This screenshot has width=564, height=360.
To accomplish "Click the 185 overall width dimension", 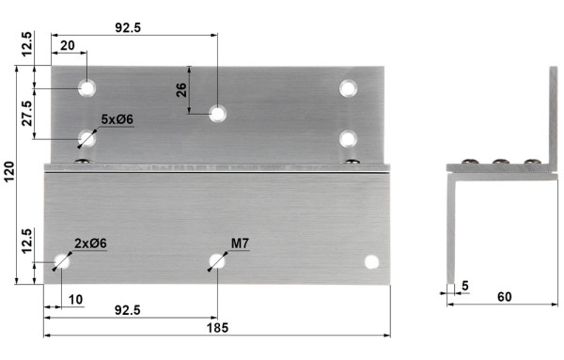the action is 217,328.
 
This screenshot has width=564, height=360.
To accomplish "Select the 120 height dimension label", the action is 8,172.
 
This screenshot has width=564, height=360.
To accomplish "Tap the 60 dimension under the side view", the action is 504,297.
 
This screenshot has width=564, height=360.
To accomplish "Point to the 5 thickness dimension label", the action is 465,286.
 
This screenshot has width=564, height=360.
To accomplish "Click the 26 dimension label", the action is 181,90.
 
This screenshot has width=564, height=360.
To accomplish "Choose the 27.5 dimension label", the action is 27,113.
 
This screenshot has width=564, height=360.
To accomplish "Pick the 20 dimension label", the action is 68,46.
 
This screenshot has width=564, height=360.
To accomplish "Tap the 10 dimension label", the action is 75,299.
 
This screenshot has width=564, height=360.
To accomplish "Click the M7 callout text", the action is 240,243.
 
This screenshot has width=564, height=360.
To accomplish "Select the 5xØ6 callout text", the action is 117,119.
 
